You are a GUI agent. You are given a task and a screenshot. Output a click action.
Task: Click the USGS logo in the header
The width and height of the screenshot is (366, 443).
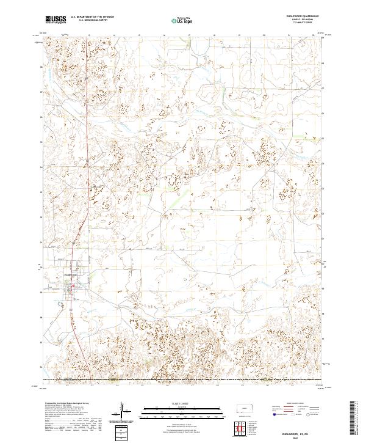point(56,20)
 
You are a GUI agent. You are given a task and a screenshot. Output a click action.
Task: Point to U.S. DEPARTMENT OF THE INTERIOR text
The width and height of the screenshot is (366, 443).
point(92,16)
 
